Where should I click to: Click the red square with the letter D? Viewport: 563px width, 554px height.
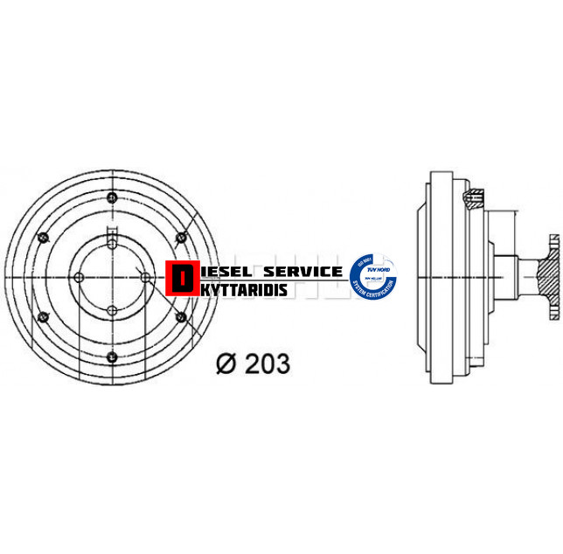coord(181,278)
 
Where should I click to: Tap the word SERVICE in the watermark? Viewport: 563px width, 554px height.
coord(302,272)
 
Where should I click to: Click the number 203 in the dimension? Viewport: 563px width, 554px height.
coord(268,364)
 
